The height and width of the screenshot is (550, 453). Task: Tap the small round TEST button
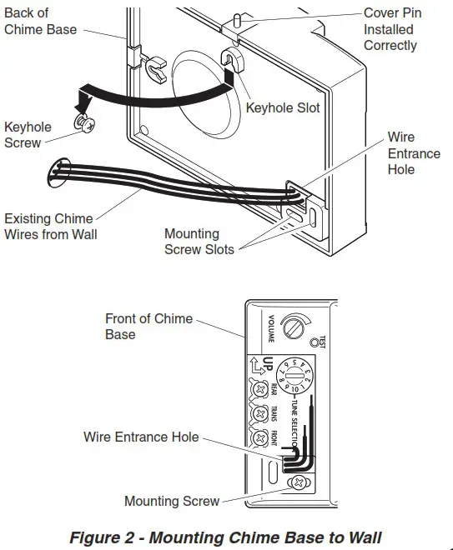click(314, 342)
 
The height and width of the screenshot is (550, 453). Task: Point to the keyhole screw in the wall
click(83, 122)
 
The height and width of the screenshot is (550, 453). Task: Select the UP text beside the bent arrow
click(269, 365)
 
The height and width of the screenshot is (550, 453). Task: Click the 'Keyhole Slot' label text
click(282, 108)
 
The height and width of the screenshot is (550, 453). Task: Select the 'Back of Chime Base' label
click(40, 22)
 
